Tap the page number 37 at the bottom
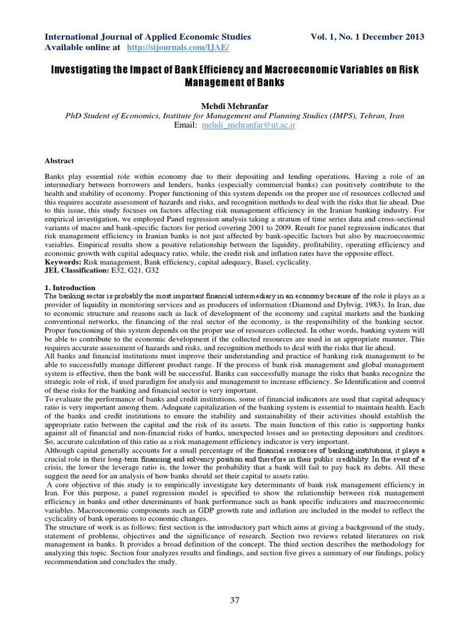pos(235,600)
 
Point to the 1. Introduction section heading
pos(70,287)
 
